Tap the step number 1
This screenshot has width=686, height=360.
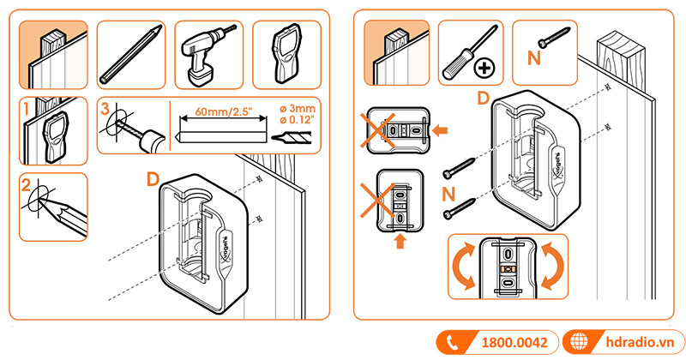(28, 110)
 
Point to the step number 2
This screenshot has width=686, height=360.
(28, 183)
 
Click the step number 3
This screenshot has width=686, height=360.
(105, 110)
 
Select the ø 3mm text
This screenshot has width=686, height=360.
(298, 109)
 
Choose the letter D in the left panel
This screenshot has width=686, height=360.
(153, 178)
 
